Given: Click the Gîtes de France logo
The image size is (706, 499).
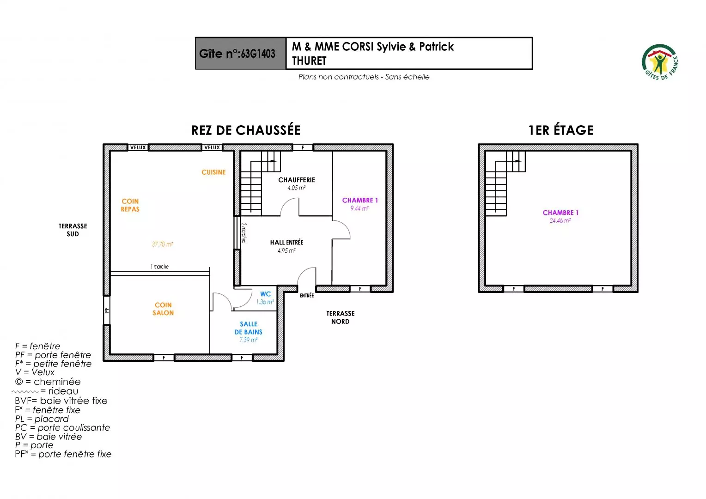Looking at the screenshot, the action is click(x=660, y=62).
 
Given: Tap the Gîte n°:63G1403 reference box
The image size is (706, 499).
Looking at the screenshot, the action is click(x=241, y=53).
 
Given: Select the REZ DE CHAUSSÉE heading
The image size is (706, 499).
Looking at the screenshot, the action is click(x=246, y=130).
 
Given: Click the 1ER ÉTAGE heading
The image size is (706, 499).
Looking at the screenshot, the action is click(x=561, y=130).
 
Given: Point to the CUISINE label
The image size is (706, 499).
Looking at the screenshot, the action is click(x=213, y=172).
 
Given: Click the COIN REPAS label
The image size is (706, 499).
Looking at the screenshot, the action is click(x=130, y=205).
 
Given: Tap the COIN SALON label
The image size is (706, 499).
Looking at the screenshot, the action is click(x=163, y=309).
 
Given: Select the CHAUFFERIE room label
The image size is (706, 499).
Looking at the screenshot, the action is click(x=297, y=180).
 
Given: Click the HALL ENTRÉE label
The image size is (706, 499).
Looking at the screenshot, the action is click(x=286, y=243).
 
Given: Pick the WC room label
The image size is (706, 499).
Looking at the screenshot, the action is click(x=265, y=294).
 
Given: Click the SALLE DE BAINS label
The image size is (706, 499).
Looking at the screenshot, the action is click(x=249, y=328).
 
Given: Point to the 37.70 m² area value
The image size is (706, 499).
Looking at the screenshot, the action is click(x=162, y=244).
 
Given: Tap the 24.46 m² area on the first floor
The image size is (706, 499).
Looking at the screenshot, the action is click(x=560, y=221).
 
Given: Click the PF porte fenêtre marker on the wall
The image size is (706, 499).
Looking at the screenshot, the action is click(x=107, y=310).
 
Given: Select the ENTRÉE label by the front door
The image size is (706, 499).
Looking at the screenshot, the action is click(x=307, y=295).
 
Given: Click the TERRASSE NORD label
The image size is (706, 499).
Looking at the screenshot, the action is click(x=341, y=317).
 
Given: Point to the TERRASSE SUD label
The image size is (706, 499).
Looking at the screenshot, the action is click(x=73, y=230).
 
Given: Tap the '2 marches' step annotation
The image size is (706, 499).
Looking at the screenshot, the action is click(x=243, y=232).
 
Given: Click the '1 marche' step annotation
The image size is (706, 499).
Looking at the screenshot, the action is click(x=159, y=267).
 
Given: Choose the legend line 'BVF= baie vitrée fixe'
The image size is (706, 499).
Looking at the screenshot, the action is click(x=61, y=401).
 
